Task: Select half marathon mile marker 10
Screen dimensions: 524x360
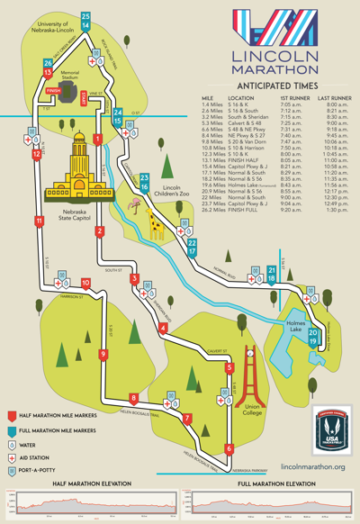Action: (59, 283)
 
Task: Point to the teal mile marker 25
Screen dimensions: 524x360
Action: (85, 16)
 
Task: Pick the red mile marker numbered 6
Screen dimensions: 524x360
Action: (229, 447)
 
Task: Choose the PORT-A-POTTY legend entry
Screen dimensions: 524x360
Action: (39, 470)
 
